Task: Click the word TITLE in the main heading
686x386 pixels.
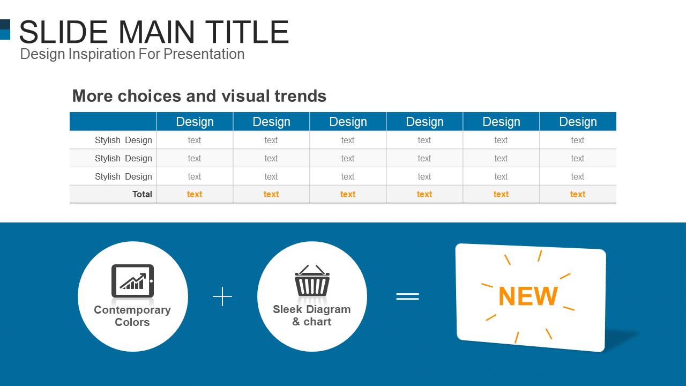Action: tap(247, 32)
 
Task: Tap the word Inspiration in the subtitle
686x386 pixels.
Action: tap(102, 55)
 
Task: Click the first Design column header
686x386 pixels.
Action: tap(195, 122)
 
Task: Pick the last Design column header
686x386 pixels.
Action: tap(578, 122)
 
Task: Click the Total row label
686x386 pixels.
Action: tap(142, 194)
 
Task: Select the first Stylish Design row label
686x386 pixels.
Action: tap(123, 140)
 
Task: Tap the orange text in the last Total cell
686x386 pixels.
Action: tap(578, 194)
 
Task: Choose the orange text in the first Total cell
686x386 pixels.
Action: tap(195, 194)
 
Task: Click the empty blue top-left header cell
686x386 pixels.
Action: tap(113, 122)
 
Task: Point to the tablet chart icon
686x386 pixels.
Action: tap(132, 281)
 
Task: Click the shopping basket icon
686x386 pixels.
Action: tap(312, 280)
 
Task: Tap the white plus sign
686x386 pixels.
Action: tap(222, 296)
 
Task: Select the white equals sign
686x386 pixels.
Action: tap(408, 296)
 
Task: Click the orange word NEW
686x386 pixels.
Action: tap(528, 296)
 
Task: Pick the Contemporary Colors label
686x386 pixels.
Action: tap(132, 316)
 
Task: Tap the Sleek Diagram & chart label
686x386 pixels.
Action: tap(312, 316)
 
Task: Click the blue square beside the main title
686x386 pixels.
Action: tap(5, 29)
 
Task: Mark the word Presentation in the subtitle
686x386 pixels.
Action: tap(204, 54)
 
